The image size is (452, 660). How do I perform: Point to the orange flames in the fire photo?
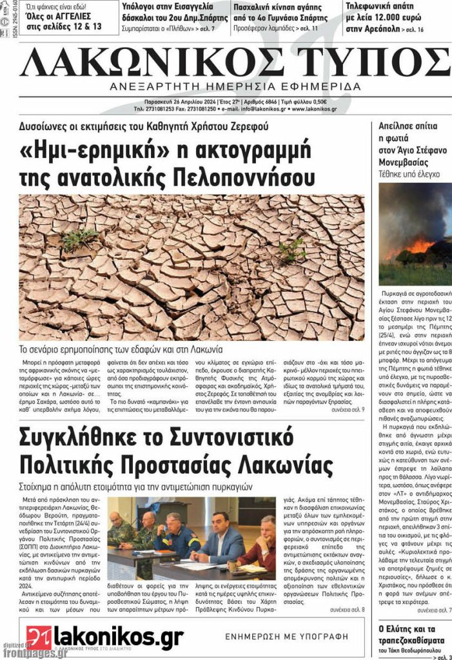(x=419, y=246)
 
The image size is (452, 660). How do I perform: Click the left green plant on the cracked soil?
(x=80, y=239)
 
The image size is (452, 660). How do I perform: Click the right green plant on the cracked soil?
(x=293, y=249)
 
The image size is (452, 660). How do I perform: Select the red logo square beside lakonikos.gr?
(x=39, y=637)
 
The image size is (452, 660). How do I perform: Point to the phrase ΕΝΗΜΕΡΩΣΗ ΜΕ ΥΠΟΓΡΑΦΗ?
(x=286, y=636)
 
